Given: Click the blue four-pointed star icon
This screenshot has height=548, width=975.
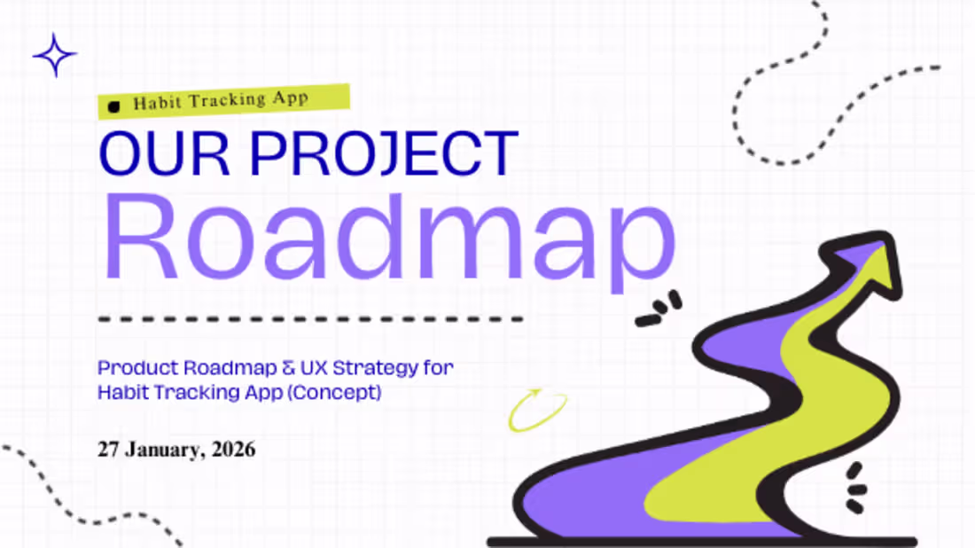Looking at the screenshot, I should tap(54, 55).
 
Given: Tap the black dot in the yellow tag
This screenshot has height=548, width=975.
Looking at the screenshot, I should tap(113, 107).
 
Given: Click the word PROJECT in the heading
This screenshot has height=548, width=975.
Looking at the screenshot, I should tap(384, 153).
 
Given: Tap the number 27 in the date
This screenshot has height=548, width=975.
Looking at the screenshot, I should tap(108, 450).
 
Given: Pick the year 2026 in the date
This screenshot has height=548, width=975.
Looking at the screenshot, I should tap(234, 450).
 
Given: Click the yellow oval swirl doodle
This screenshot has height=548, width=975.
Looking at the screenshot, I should tap(537, 411).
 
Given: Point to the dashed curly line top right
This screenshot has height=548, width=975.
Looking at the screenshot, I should tap(798, 98).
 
